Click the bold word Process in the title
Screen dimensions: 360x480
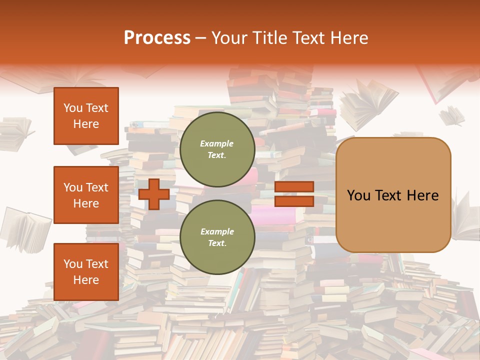click(x=157, y=38)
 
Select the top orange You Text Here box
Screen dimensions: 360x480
click(x=86, y=116)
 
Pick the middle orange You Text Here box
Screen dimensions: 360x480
click(x=86, y=195)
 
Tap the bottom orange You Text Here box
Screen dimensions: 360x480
click(x=86, y=272)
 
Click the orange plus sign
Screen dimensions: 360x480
click(x=154, y=194)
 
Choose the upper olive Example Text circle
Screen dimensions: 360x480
click(x=217, y=149)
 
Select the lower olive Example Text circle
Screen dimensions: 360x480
click(x=217, y=237)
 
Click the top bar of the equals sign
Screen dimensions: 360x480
click(x=294, y=186)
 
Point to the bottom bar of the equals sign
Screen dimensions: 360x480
click(x=294, y=201)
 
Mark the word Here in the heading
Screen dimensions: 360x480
click(x=349, y=38)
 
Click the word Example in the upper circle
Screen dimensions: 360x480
click(x=217, y=143)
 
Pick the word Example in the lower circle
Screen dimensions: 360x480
click(x=217, y=231)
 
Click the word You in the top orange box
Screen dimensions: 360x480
click(x=73, y=108)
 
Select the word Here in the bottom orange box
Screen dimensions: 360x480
click(x=86, y=280)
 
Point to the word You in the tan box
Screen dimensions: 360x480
click(x=358, y=195)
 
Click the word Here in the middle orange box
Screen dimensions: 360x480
click(x=86, y=203)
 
